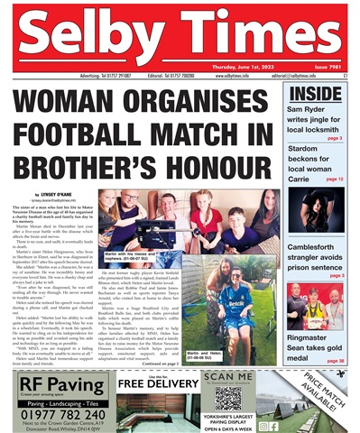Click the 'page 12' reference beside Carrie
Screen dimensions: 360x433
click(x=334, y=180)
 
